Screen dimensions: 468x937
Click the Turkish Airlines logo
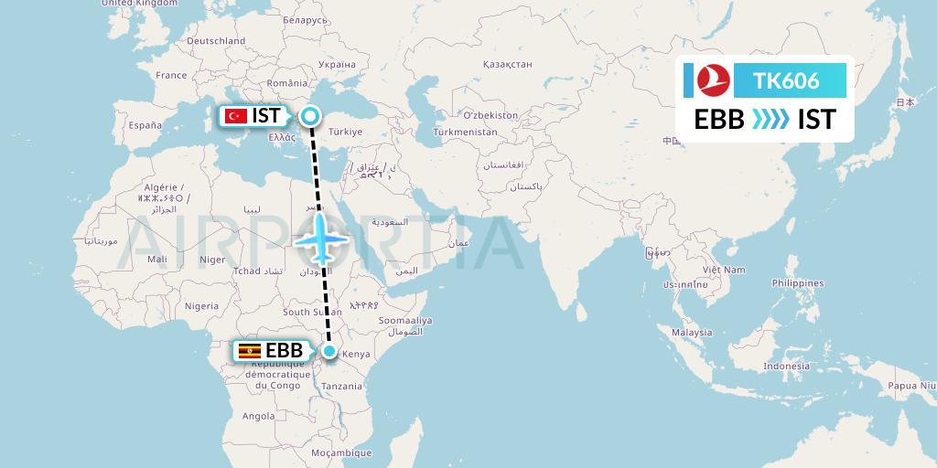click(x=710, y=80)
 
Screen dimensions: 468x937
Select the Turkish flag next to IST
click(x=236, y=116)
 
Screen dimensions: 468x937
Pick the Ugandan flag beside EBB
click(x=248, y=351)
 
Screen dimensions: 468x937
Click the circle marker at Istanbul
click(x=311, y=116)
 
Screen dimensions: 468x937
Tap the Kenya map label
click(x=355, y=354)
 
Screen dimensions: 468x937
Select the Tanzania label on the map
click(x=342, y=387)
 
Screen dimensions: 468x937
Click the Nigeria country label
click(x=201, y=306)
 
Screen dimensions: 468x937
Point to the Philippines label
click(x=797, y=283)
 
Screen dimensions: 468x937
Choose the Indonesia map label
click(x=787, y=366)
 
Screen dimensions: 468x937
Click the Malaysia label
click(x=692, y=333)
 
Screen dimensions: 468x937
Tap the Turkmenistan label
click(x=466, y=132)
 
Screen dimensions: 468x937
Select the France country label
click(x=171, y=75)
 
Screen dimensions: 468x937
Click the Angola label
click(x=259, y=416)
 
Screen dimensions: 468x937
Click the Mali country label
click(x=157, y=260)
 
